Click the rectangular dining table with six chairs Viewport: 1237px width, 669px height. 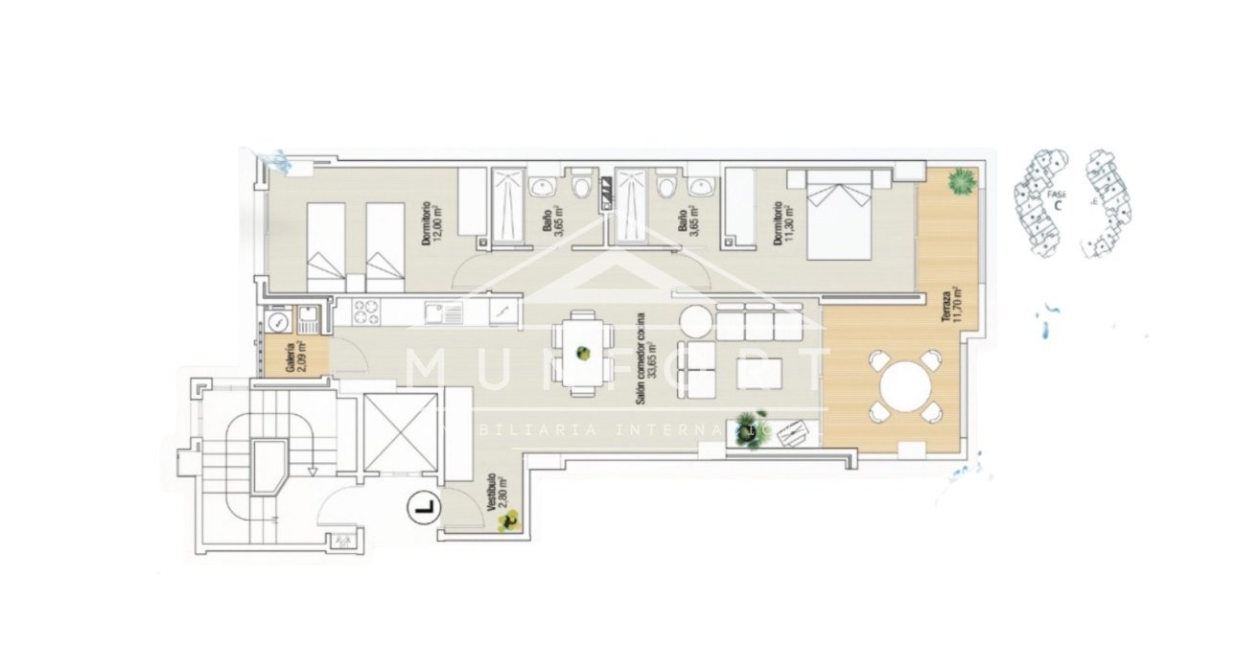click(x=582, y=351)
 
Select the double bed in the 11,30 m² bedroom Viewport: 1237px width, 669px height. click(x=840, y=216)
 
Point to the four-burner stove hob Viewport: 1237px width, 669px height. click(x=368, y=312)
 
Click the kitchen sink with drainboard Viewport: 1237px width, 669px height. click(x=442, y=312)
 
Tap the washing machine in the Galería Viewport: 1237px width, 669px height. click(x=278, y=320)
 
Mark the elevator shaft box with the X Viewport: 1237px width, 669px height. click(x=401, y=432)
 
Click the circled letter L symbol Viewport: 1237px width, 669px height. click(x=421, y=506)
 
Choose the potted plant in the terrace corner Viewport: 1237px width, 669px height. click(x=960, y=180)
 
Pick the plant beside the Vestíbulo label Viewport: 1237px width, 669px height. click(x=510, y=520)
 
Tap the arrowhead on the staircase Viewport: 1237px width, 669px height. click(x=313, y=471)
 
